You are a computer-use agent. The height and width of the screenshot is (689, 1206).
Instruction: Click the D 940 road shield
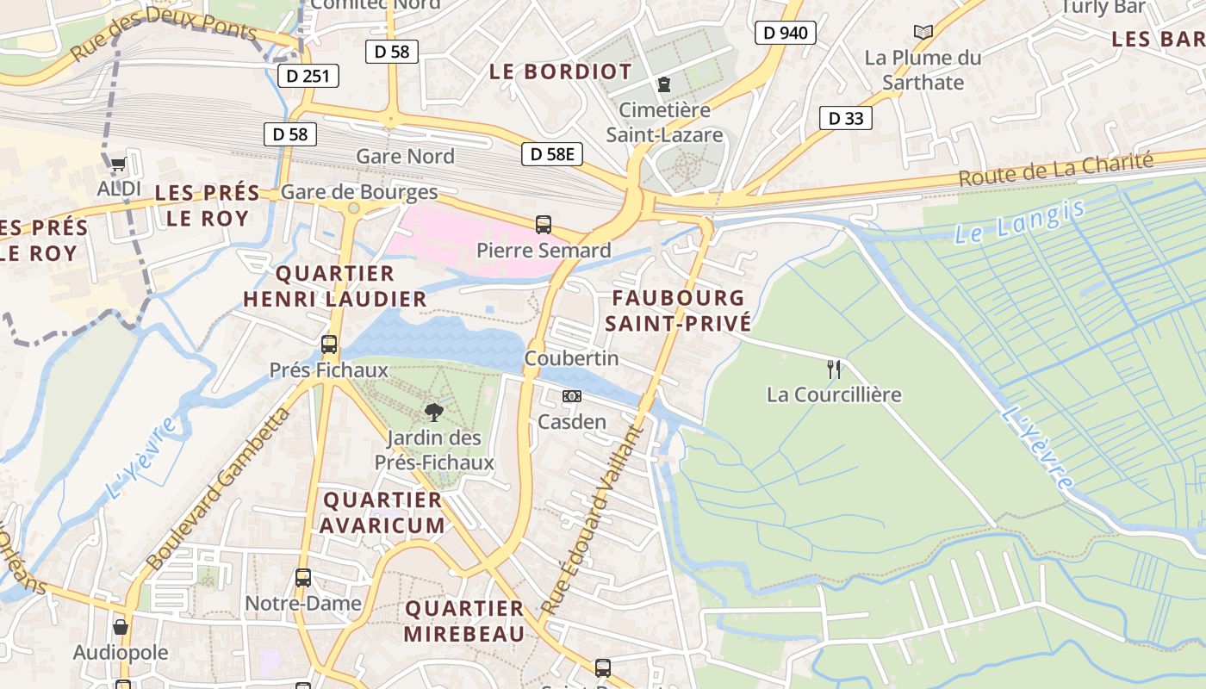[x=785, y=33]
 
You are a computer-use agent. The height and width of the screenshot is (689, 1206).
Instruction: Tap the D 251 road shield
[x=308, y=76]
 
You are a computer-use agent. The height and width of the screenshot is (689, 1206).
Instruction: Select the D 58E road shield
[x=551, y=154]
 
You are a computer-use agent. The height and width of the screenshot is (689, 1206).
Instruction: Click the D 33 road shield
[x=845, y=118]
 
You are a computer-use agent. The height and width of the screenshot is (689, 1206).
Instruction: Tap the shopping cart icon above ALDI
[x=118, y=164]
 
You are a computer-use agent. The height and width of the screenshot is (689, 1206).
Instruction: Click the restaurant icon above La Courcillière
[x=833, y=369]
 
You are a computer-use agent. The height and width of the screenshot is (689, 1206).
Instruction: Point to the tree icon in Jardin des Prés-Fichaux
[x=434, y=412]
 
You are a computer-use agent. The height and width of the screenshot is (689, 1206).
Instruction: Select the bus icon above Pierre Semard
[x=544, y=225]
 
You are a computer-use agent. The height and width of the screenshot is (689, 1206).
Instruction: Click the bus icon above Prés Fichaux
[x=329, y=344]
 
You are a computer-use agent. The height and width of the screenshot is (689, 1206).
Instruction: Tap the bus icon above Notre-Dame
[x=303, y=578]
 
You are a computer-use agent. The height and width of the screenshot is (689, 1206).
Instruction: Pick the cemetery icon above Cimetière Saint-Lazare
[x=664, y=84]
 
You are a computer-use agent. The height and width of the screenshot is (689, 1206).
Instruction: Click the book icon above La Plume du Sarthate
[x=923, y=33]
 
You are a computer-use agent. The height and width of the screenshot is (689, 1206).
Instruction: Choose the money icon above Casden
[x=571, y=396]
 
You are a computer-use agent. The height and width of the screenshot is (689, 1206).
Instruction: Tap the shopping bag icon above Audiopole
[x=121, y=627]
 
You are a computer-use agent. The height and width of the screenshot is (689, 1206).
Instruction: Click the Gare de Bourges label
[x=359, y=192]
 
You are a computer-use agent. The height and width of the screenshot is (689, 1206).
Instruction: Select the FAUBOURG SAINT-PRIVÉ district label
[x=678, y=311]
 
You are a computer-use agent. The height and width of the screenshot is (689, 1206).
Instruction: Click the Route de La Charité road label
[x=1055, y=170]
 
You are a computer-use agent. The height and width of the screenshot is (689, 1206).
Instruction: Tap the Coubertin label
[x=571, y=357]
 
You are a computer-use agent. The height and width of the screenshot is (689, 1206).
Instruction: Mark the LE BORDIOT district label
[x=561, y=71]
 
